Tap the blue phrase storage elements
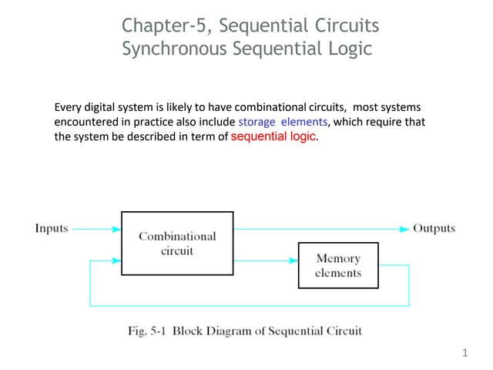(x=283, y=123)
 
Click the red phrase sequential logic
(x=273, y=137)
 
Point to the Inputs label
(x=52, y=228)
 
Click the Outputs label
(x=434, y=228)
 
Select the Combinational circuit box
(x=177, y=244)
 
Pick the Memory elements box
(x=337, y=265)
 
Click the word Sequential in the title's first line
(x=266, y=26)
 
